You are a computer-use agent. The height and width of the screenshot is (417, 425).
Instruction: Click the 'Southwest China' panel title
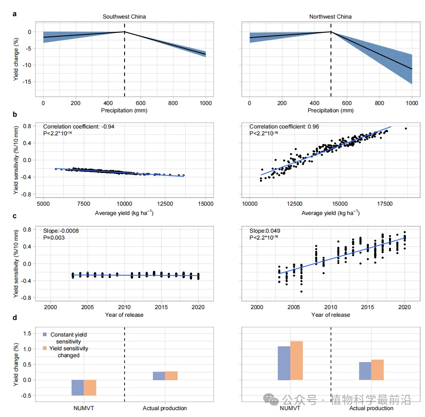point(124,17)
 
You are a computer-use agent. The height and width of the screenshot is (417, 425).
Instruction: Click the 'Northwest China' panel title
point(330,17)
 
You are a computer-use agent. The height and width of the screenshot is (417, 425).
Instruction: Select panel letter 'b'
point(15,114)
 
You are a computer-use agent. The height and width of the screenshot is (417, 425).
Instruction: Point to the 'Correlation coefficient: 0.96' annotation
point(284,126)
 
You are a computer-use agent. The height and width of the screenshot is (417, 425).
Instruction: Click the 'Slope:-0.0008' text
point(61,231)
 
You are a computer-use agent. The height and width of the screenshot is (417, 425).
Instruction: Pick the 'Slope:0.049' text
point(265,231)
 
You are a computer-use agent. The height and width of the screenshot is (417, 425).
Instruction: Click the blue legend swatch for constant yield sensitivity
point(45,335)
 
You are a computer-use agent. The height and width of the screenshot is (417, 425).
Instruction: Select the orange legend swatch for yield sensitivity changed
point(45,348)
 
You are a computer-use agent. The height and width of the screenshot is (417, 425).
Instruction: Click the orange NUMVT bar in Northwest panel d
point(296,360)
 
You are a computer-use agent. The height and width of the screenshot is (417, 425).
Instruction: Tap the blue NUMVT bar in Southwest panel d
point(78,388)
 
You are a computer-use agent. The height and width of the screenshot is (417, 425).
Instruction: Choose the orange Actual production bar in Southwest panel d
point(171,376)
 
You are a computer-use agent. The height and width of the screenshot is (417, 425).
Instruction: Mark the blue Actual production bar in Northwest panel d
point(365,371)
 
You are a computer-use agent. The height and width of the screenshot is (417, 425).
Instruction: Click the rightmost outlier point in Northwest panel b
point(406,128)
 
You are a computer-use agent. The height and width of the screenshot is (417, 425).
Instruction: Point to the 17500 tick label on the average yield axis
point(384,204)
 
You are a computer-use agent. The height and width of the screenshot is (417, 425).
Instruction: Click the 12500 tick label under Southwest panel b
point(165,204)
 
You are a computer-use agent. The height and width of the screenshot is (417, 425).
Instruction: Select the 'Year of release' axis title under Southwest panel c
point(124,315)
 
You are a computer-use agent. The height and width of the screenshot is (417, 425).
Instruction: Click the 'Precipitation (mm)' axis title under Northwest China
point(330,110)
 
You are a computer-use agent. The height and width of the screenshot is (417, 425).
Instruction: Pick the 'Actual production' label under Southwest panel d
point(165,408)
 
